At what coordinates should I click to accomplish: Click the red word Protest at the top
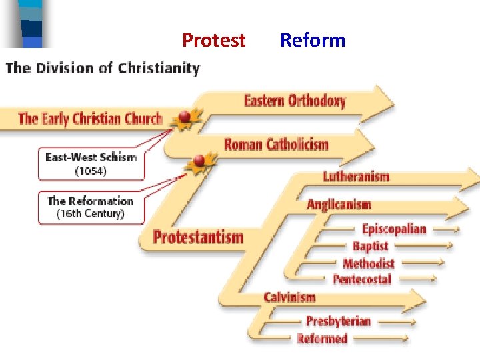click(x=214, y=41)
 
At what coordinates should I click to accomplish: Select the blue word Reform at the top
click(x=312, y=41)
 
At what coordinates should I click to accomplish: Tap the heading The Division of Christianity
click(x=103, y=69)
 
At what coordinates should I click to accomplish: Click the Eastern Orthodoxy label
click(x=295, y=101)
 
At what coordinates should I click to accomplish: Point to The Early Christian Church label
click(x=90, y=119)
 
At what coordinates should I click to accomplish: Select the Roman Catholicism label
click(x=276, y=145)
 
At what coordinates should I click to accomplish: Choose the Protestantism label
click(x=198, y=237)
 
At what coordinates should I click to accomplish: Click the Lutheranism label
click(x=356, y=177)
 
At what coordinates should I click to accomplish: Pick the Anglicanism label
click(x=339, y=205)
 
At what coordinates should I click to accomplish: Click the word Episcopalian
click(x=393, y=229)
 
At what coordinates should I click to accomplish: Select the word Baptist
click(x=370, y=245)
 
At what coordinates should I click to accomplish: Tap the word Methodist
click(x=368, y=263)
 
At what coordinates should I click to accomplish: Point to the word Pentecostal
click(x=361, y=279)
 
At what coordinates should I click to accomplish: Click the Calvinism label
click(x=289, y=297)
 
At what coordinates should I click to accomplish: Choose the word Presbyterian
click(x=338, y=321)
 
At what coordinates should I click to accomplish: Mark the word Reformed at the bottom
click(x=322, y=339)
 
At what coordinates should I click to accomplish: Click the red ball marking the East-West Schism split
click(x=185, y=117)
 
